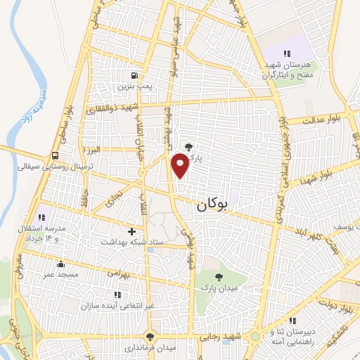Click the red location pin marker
[180, 165]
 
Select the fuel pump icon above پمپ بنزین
[134, 75]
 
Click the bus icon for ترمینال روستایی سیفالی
[55, 157]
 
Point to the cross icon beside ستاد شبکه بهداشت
[131, 231]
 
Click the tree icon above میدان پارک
[218, 277]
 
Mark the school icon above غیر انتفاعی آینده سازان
[116, 295]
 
